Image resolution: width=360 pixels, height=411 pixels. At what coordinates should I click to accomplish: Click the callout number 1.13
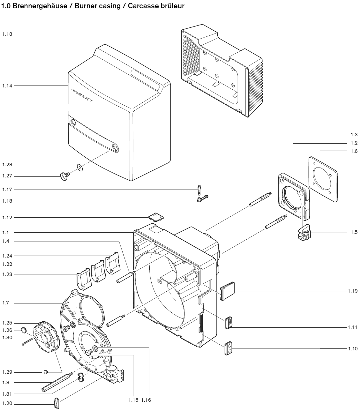point(7,34)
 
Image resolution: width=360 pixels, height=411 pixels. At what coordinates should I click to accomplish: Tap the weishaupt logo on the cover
point(82,95)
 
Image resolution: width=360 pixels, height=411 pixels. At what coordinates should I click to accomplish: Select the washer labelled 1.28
point(80,167)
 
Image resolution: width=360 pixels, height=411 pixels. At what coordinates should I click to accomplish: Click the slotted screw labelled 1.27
point(65,176)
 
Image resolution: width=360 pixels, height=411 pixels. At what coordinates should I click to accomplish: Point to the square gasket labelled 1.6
point(323,179)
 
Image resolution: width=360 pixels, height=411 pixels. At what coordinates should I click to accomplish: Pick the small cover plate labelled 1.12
point(156,217)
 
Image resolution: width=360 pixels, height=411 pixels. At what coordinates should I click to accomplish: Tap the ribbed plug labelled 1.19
point(228,291)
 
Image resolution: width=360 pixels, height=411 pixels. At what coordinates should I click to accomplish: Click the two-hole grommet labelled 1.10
point(228,348)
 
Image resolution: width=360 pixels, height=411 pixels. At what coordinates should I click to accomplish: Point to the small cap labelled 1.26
point(24,330)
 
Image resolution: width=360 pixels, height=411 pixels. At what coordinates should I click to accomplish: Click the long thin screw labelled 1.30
point(27,341)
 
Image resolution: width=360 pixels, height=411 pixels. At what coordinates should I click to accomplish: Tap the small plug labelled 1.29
point(46,372)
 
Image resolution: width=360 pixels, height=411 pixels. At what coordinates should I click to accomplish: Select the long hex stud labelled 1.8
point(57,382)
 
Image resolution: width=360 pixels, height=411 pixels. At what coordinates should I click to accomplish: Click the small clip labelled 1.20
point(57,403)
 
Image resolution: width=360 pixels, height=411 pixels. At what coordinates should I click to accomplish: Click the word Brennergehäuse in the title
point(40,6)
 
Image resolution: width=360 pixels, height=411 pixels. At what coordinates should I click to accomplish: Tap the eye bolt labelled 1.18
point(202,198)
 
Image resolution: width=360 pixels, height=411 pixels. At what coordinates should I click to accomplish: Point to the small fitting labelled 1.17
point(199,190)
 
